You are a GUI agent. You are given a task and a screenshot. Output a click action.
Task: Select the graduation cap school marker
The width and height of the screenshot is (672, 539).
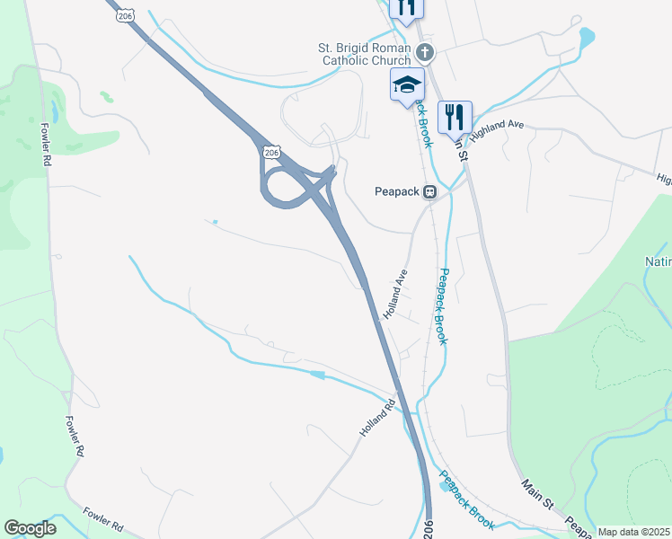(x=407, y=85)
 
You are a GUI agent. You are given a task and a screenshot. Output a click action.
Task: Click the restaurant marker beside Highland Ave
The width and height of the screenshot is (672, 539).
(x=455, y=116)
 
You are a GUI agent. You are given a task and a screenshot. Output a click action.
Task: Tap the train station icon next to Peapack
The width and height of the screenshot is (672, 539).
(x=431, y=190)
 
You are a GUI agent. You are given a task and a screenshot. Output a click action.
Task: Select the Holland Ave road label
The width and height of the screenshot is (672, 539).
(x=395, y=295)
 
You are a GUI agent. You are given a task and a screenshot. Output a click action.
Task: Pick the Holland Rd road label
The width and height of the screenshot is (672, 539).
(x=377, y=418)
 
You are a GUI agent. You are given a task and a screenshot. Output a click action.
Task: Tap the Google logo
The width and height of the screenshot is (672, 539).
(x=30, y=528)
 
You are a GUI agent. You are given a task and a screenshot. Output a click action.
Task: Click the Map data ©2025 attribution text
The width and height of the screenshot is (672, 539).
(x=634, y=532)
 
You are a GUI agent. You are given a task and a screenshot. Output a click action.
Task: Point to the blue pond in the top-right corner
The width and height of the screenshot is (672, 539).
(x=587, y=38)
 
